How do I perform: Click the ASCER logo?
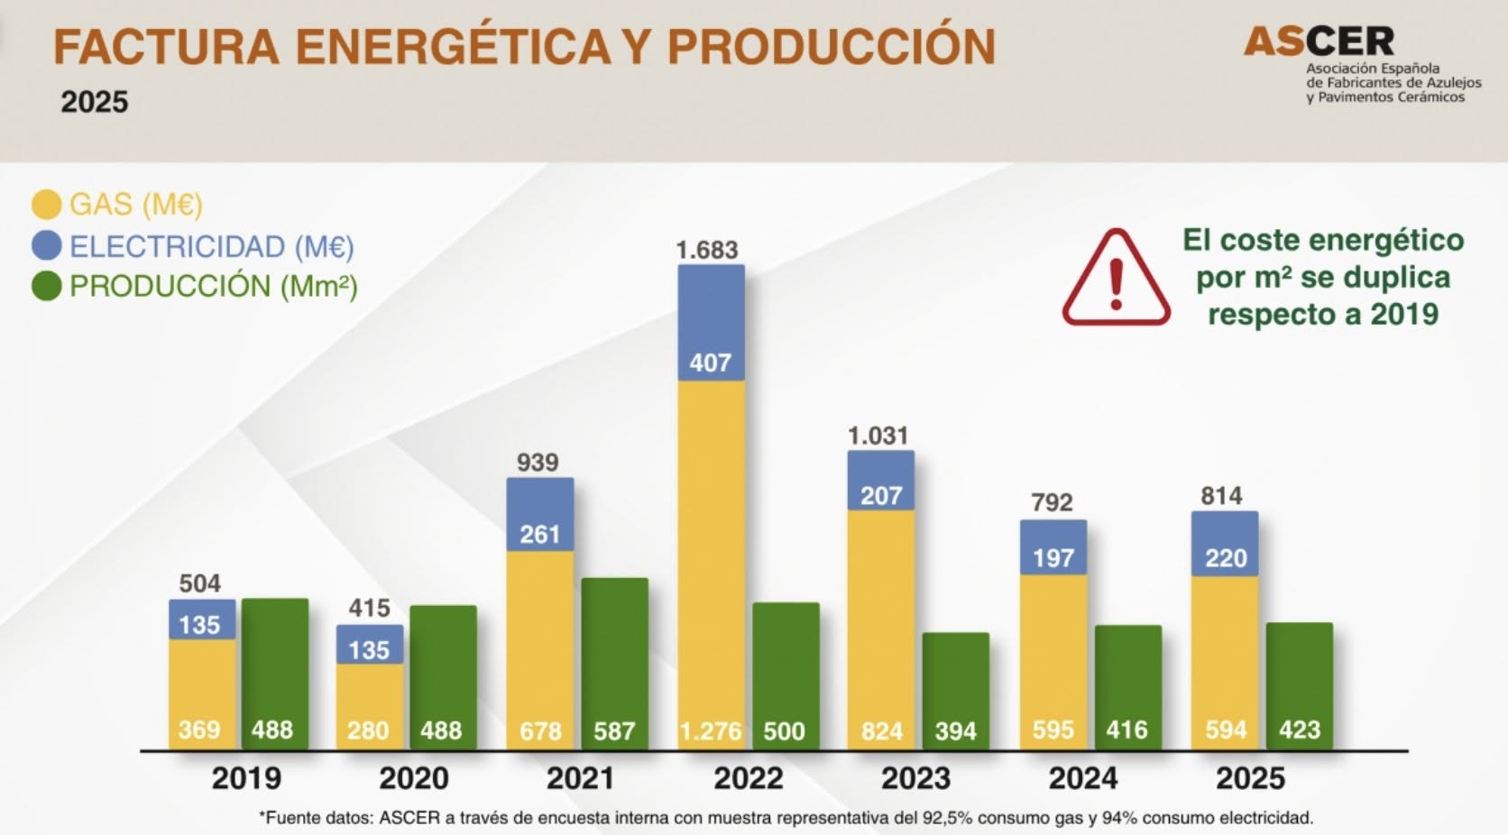point(1361,65)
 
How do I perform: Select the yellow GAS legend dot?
point(47,205)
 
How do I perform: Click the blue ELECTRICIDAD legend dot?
point(47,245)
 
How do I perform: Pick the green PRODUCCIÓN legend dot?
point(47,286)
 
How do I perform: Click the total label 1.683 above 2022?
point(707,251)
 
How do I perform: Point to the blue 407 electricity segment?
point(711,323)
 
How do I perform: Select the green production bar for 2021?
point(614,664)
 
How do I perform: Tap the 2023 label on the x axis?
point(915,778)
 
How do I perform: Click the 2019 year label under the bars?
point(246,778)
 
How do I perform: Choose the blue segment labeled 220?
point(1225,544)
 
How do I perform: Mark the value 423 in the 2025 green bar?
point(1300,730)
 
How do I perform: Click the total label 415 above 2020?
point(369,609)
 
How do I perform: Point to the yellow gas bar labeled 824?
point(880,629)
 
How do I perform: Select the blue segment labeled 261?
point(540,515)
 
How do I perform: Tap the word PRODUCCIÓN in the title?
point(832,46)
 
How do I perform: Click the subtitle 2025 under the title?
point(94,102)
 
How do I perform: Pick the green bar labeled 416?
point(1127,688)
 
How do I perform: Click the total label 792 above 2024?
point(1052,502)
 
